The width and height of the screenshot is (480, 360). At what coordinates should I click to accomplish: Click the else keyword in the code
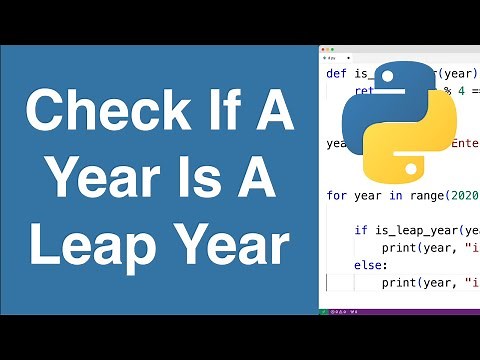coord(366,265)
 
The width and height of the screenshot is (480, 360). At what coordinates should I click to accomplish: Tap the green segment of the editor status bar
coord(323,312)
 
